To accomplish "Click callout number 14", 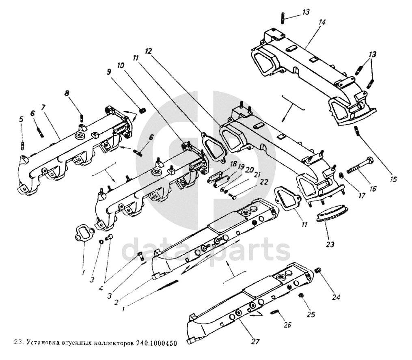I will coord(322,23).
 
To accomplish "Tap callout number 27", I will coord(255,341).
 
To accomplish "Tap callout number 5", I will coord(21,119).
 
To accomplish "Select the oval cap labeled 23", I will coord(333,213).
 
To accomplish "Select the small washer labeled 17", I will coord(342,175).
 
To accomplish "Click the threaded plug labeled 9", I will coord(142,110).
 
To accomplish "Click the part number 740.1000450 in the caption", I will coord(156,342).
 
